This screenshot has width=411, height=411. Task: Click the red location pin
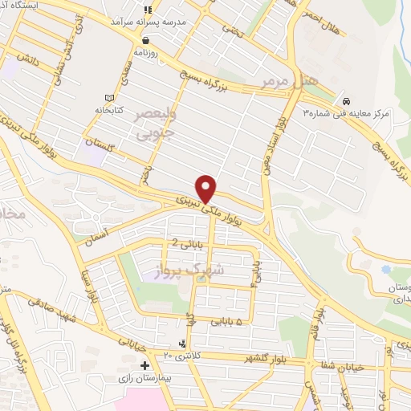pos(207,188)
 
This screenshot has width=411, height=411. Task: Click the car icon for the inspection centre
pos(346,102)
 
